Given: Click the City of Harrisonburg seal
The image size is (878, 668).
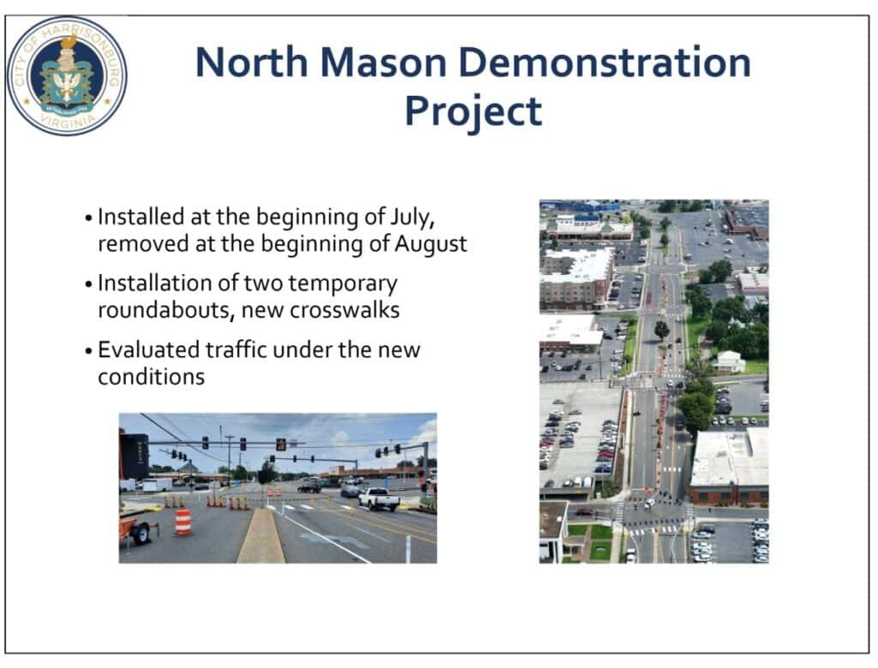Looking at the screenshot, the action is pyautogui.click(x=67, y=75).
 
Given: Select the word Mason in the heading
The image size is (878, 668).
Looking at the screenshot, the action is pyautogui.click(x=383, y=63).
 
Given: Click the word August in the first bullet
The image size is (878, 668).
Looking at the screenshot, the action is pyautogui.click(x=430, y=244).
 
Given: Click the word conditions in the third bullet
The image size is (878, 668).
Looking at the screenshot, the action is pyautogui.click(x=151, y=377).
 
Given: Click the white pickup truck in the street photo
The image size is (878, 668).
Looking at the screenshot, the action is pyautogui.click(x=379, y=498).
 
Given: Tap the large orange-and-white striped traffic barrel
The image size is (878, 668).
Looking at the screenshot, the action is pyautogui.click(x=183, y=522).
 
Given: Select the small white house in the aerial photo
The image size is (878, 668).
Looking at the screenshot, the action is pyautogui.click(x=729, y=362).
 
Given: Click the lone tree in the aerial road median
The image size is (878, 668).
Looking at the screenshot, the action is pyautogui.click(x=662, y=330).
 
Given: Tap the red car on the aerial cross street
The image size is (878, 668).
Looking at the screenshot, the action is pyautogui.click(x=585, y=511).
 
